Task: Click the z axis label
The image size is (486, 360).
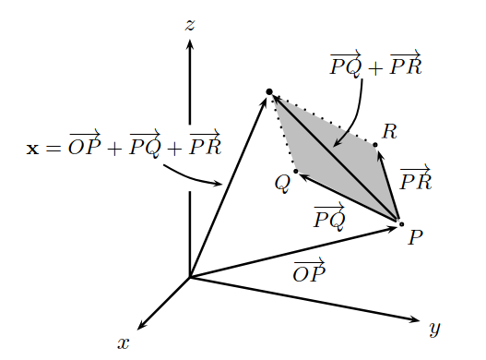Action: click(x=189, y=25)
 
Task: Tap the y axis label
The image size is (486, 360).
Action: click(x=435, y=328)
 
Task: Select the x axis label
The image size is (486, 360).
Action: click(x=124, y=342)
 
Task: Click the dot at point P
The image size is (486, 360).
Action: click(x=400, y=223)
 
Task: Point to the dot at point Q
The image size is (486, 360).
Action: click(x=295, y=172)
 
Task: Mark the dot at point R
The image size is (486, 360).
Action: click(x=376, y=144)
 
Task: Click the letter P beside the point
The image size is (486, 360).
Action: click(x=415, y=237)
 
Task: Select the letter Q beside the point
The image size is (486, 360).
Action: click(x=282, y=183)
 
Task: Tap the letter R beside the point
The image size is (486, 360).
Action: click(x=389, y=131)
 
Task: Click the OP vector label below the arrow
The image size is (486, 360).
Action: click(x=309, y=270)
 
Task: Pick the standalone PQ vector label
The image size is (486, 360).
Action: click(x=329, y=217)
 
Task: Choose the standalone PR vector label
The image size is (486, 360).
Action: click(x=415, y=177)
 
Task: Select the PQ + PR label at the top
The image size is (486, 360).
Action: click(x=375, y=65)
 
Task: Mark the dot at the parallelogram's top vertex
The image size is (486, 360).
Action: click(x=268, y=90)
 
